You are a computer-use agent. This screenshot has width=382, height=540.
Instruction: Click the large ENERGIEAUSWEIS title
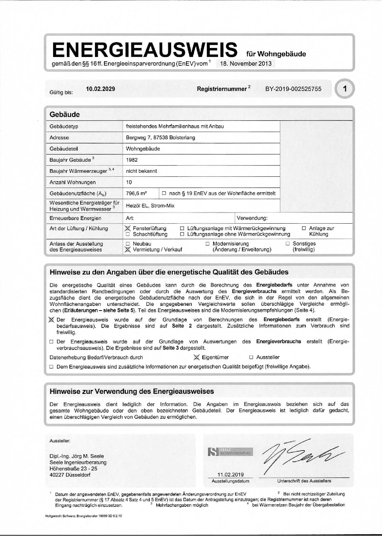click(144, 50)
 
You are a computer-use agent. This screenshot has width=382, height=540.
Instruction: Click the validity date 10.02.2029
click(100, 89)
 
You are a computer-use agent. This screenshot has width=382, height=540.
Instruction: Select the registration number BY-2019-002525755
click(293, 89)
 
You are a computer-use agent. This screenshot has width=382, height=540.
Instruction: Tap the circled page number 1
click(345, 89)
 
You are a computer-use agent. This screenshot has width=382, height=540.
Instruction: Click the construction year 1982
click(132, 160)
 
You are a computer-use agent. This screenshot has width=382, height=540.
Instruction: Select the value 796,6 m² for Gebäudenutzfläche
click(136, 193)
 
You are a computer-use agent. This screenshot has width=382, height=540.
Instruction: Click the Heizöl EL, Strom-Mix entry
click(150, 205)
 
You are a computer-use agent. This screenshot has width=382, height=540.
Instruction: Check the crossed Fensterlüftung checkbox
click(127, 228)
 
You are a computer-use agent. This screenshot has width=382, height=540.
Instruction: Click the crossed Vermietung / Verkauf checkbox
click(127, 249)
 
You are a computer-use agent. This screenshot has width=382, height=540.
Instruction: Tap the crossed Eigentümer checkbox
click(196, 357)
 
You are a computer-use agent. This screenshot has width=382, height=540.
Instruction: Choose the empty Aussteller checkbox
click(251, 357)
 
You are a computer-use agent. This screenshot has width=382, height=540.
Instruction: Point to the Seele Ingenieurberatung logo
click(230, 451)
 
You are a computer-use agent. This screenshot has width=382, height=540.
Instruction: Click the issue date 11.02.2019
click(230, 475)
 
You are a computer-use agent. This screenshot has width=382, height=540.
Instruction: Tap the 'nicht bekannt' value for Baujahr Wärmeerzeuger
click(141, 171)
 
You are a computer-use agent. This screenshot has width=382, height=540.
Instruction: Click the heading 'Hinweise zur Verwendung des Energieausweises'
click(132, 391)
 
